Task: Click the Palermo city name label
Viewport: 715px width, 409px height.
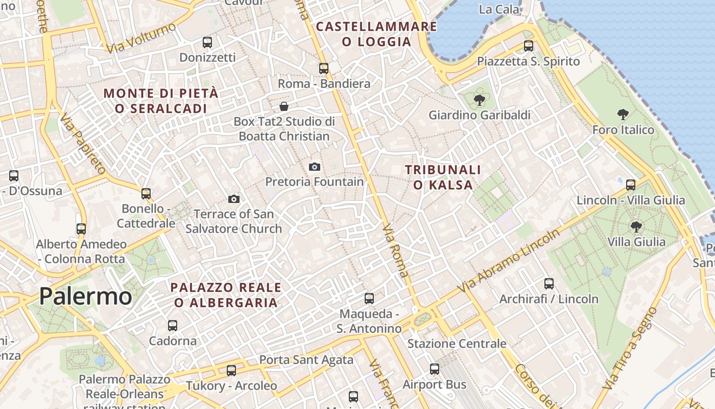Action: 85,297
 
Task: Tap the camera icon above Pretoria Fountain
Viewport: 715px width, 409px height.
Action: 315,167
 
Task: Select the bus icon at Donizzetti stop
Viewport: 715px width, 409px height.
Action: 207,42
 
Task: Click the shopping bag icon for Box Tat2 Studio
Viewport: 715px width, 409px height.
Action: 283,106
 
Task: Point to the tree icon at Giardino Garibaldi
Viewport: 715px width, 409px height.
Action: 479,100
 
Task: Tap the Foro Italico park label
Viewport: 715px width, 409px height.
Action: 623,130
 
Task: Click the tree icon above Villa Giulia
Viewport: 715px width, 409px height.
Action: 636,226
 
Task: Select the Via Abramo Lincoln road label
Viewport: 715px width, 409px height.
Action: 508,261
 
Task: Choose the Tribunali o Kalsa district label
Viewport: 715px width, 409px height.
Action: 443,177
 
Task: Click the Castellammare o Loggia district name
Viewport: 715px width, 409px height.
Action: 376,34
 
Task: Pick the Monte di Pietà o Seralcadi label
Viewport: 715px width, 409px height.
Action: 161,101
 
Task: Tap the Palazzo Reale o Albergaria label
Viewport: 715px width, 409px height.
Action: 226,295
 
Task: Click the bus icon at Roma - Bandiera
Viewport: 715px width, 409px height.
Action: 323,68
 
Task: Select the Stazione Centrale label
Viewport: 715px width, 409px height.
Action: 457,344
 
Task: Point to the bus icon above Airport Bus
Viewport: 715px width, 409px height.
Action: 434,369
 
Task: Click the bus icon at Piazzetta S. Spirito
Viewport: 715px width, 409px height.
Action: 528,46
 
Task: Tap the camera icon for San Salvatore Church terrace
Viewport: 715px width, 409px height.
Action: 234,199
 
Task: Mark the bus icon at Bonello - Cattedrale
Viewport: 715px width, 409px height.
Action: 146,193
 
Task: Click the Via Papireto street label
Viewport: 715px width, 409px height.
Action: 82,144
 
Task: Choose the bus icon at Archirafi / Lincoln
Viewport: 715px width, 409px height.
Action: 549,283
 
